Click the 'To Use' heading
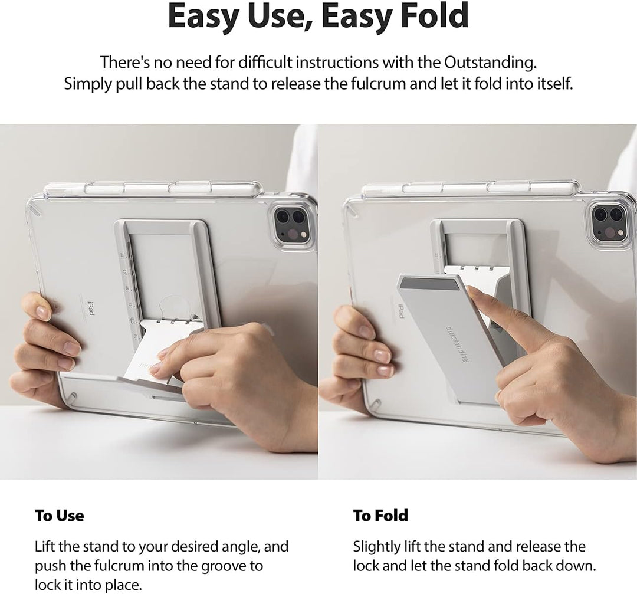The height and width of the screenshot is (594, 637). tap(60, 516)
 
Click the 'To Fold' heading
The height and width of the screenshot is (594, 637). tap(380, 516)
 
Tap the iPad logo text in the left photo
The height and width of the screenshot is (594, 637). tap(91, 307)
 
